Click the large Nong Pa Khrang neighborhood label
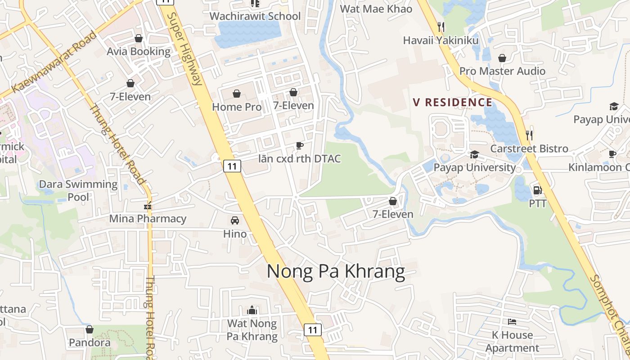coord(336,272)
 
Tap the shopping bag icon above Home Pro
coord(237,94)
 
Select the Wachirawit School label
coord(255,16)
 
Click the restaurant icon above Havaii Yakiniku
coord(441,27)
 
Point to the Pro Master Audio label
coord(502,71)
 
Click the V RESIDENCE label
coord(453,102)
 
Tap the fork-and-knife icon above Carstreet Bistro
coord(529,135)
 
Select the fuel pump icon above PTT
coord(537,190)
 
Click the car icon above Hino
coord(234,220)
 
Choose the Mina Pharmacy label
coord(148,219)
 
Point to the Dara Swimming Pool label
coord(78,190)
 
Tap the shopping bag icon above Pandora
coord(90,329)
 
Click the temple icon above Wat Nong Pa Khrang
coord(252,310)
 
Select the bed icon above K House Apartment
coord(512,322)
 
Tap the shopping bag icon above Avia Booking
coord(139,38)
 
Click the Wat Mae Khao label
coord(376,9)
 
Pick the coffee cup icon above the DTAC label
coord(299,145)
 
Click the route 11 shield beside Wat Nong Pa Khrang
coord(313,330)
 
